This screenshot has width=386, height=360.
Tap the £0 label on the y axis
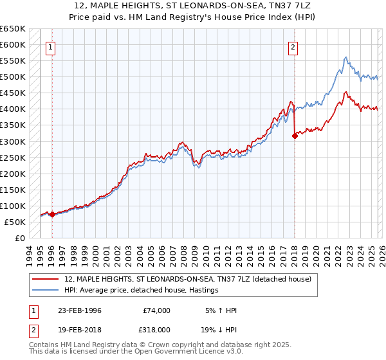tap(20, 238)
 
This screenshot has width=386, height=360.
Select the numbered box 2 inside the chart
tap(293, 46)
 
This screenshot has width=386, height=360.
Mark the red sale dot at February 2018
tap(294, 136)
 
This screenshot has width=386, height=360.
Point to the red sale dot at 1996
tap(52, 214)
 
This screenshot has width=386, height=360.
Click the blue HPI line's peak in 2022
tap(345, 58)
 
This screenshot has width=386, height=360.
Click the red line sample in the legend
tap(46, 279)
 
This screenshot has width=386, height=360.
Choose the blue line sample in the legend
tap(46, 290)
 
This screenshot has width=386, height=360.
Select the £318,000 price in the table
tap(157, 328)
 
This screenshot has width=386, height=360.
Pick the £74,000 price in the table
tap(157, 310)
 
